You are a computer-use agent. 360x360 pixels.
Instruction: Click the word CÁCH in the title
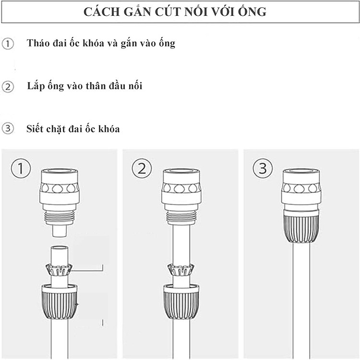point(102,12)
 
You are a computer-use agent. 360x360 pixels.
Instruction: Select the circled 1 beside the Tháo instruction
point(8,44)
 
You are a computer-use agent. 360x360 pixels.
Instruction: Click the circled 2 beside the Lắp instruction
point(8,87)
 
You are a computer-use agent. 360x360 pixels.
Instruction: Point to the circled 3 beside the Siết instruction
point(8,128)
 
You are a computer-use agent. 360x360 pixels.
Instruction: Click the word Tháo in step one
point(38,43)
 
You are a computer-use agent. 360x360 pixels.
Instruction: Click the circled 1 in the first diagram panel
point(21,168)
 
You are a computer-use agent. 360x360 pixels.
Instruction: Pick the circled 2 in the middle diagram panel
point(142,168)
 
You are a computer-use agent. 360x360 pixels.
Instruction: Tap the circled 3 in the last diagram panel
point(263,168)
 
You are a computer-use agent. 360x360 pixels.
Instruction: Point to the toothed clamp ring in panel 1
point(60,270)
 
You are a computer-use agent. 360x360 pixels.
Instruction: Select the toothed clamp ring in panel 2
point(181,270)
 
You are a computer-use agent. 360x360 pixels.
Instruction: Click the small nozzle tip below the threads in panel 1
point(60,231)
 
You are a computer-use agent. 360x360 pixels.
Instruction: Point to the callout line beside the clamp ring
point(87,271)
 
